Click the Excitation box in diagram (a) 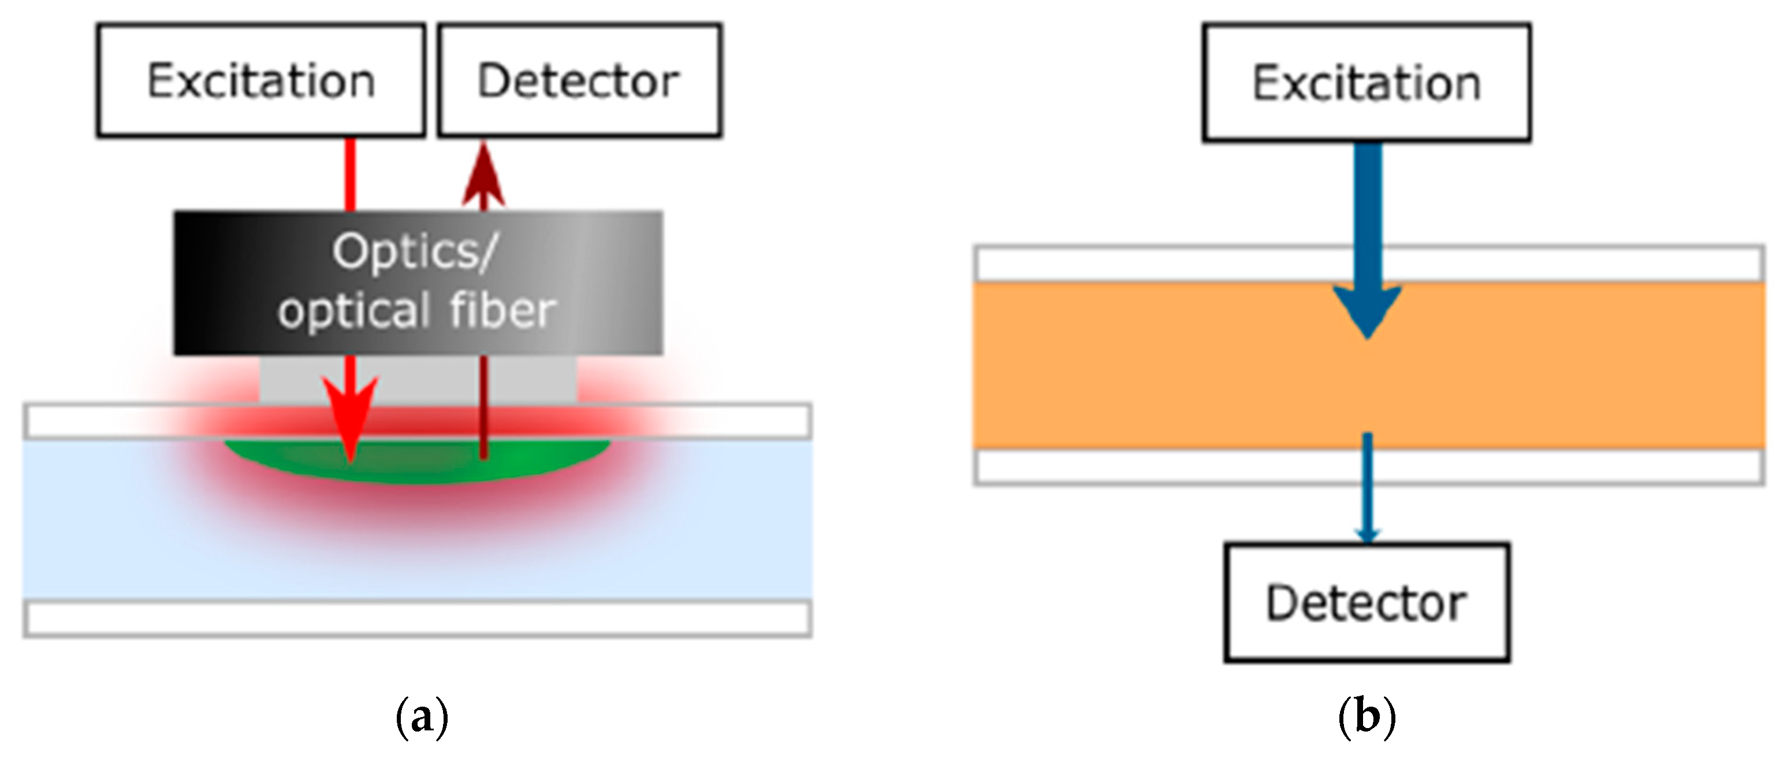[260, 81]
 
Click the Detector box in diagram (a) [579, 81]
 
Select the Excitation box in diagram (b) [1367, 83]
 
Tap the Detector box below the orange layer [1367, 602]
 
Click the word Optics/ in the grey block [414, 252]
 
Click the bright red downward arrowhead [351, 417]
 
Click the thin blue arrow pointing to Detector [1367, 490]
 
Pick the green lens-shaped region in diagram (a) [418, 461]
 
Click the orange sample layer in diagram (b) [1172, 366]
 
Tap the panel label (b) [1367, 718]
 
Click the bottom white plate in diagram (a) [417, 619]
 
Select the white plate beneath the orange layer [1172, 467]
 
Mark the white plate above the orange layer [1172, 263]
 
